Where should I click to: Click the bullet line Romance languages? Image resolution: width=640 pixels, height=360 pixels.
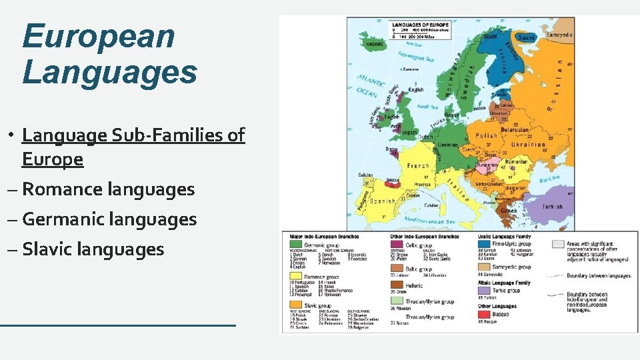coord(109,189)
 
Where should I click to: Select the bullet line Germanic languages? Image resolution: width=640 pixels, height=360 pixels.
coord(109,219)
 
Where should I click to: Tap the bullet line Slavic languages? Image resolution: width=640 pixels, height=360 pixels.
coord(93,249)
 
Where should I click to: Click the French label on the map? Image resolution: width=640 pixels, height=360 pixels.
coord(418,166)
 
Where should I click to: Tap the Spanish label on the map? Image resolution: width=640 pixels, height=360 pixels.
coord(383,200)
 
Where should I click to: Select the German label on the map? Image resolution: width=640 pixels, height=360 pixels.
coord(447,145)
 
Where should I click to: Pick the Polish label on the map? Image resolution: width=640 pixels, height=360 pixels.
coord(487,135)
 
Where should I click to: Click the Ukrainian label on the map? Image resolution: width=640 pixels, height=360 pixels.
coord(527,145)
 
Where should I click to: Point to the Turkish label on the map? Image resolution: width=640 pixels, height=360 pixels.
coord(551,207)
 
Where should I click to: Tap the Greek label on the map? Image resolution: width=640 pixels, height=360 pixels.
coord(509,211)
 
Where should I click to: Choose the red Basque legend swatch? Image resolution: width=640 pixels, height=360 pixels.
coord(484,314)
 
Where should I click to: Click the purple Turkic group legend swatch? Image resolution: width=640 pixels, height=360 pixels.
coord(484,291)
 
